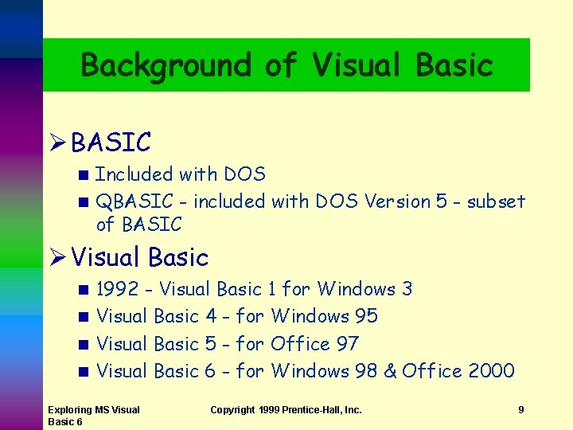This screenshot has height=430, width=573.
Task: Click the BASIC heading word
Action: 111,143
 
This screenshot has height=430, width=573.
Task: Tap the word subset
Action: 496,201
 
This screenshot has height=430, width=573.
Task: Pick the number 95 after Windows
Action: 366,316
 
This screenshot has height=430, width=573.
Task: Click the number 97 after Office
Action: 348,344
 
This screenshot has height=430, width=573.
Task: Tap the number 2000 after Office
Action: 491,371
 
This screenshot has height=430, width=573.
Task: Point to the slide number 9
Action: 520,410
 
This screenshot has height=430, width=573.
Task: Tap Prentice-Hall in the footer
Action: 318,410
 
